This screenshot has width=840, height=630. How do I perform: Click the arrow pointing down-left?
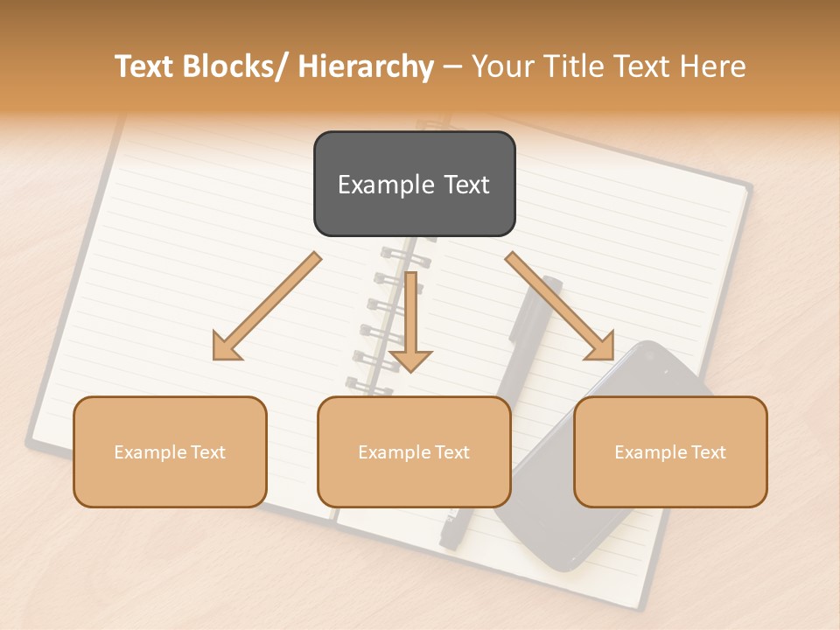268,306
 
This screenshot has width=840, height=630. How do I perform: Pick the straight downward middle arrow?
411,319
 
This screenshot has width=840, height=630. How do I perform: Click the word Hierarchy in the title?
365,66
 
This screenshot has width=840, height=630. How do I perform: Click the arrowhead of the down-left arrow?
225,347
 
